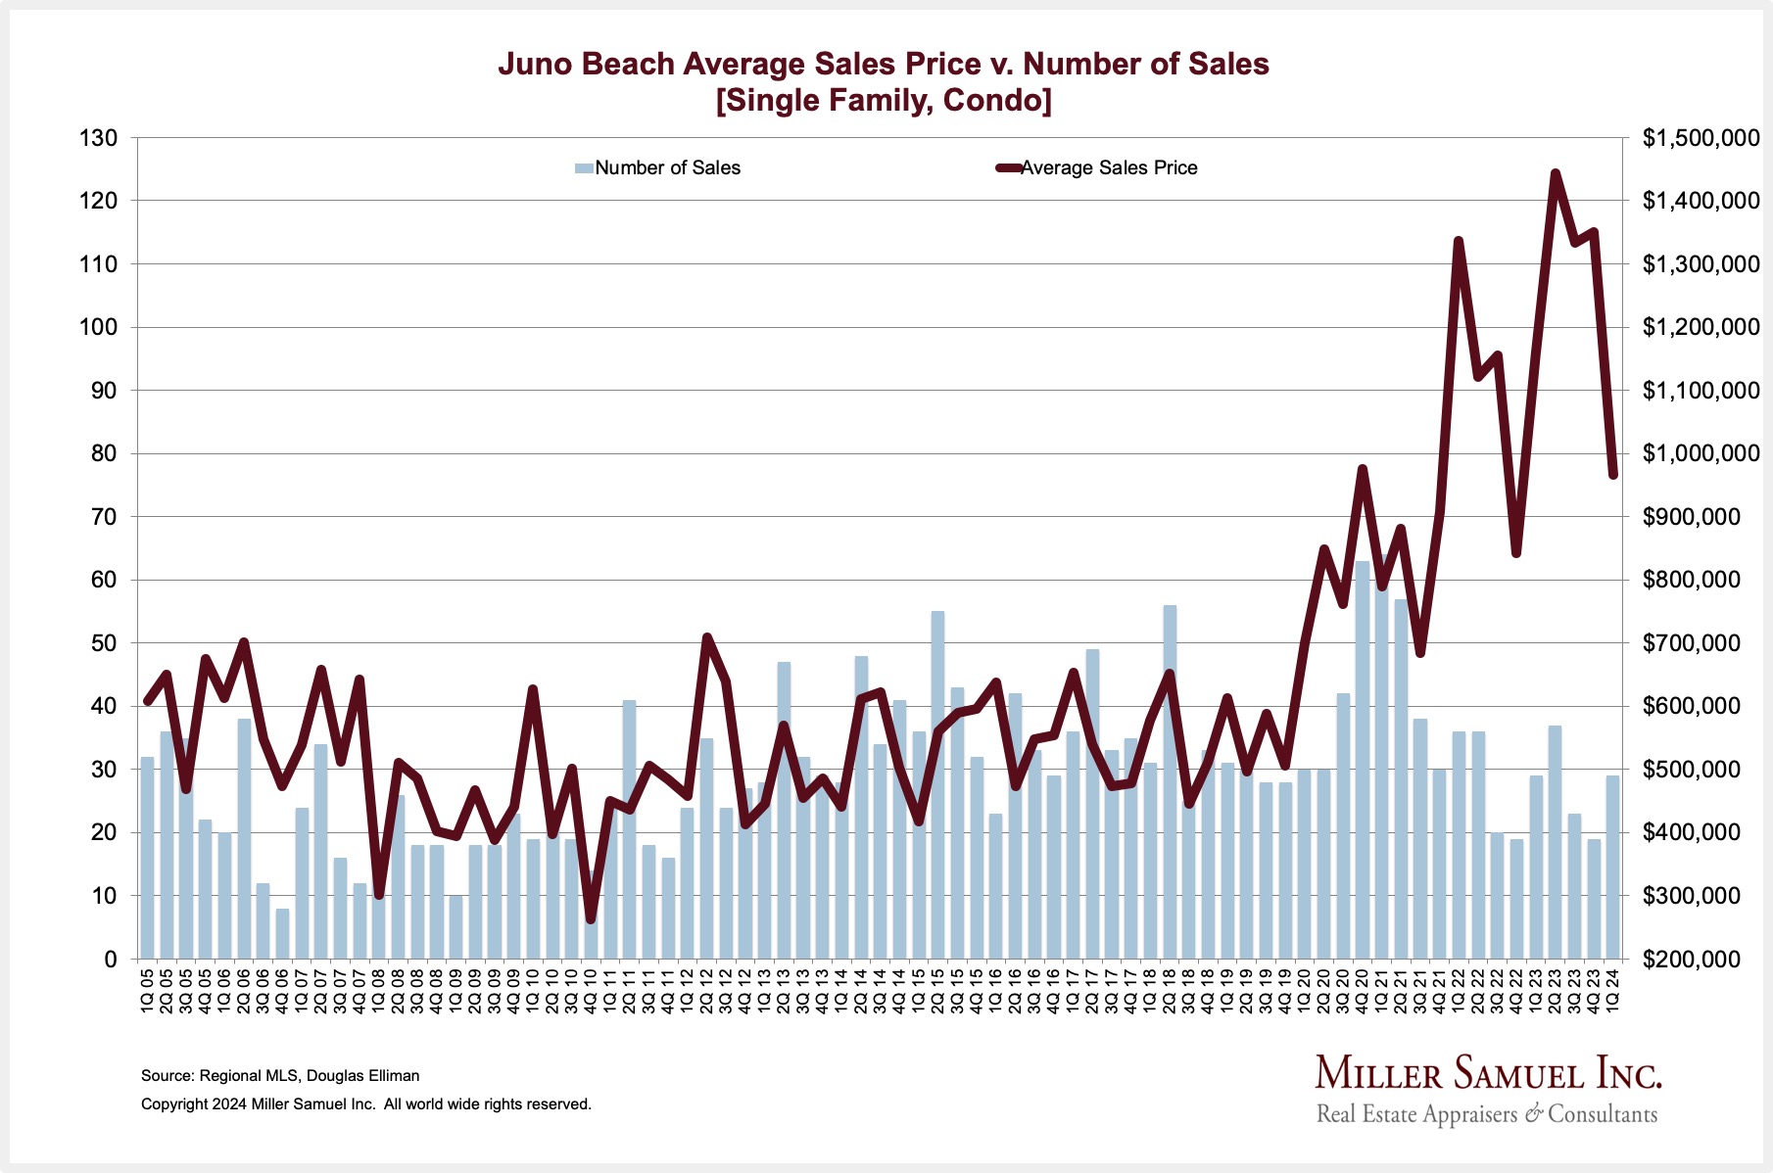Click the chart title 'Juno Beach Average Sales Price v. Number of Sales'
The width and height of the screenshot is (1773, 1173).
pyautogui.click(x=883, y=65)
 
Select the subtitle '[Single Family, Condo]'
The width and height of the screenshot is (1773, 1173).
pyautogui.click(x=883, y=101)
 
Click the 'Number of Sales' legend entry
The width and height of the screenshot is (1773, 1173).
pyautogui.click(x=666, y=168)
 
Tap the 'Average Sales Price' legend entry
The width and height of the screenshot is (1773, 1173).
pyautogui.click(x=1108, y=168)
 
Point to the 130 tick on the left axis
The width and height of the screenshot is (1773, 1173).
pyautogui.click(x=98, y=138)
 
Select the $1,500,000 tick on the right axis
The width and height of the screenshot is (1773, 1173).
pyautogui.click(x=1701, y=138)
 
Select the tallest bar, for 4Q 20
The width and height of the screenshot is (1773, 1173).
pyautogui.click(x=1362, y=764)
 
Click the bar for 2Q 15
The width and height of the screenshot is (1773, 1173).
pyautogui.click(x=937, y=783)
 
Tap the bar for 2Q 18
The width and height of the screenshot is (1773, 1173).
pyautogui.click(x=1170, y=783)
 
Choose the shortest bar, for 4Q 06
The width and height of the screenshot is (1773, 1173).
pyautogui.click(x=282, y=934)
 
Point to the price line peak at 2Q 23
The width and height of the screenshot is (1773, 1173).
pyautogui.click(x=1555, y=174)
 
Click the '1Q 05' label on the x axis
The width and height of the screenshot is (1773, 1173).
pyautogui.click(x=148, y=990)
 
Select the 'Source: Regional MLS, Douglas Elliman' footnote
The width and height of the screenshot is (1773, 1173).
pyautogui.click(x=280, y=1076)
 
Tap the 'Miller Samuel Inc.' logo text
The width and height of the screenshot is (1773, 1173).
pyautogui.click(x=1487, y=1074)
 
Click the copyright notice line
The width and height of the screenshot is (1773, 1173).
pyautogui.click(x=366, y=1104)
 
